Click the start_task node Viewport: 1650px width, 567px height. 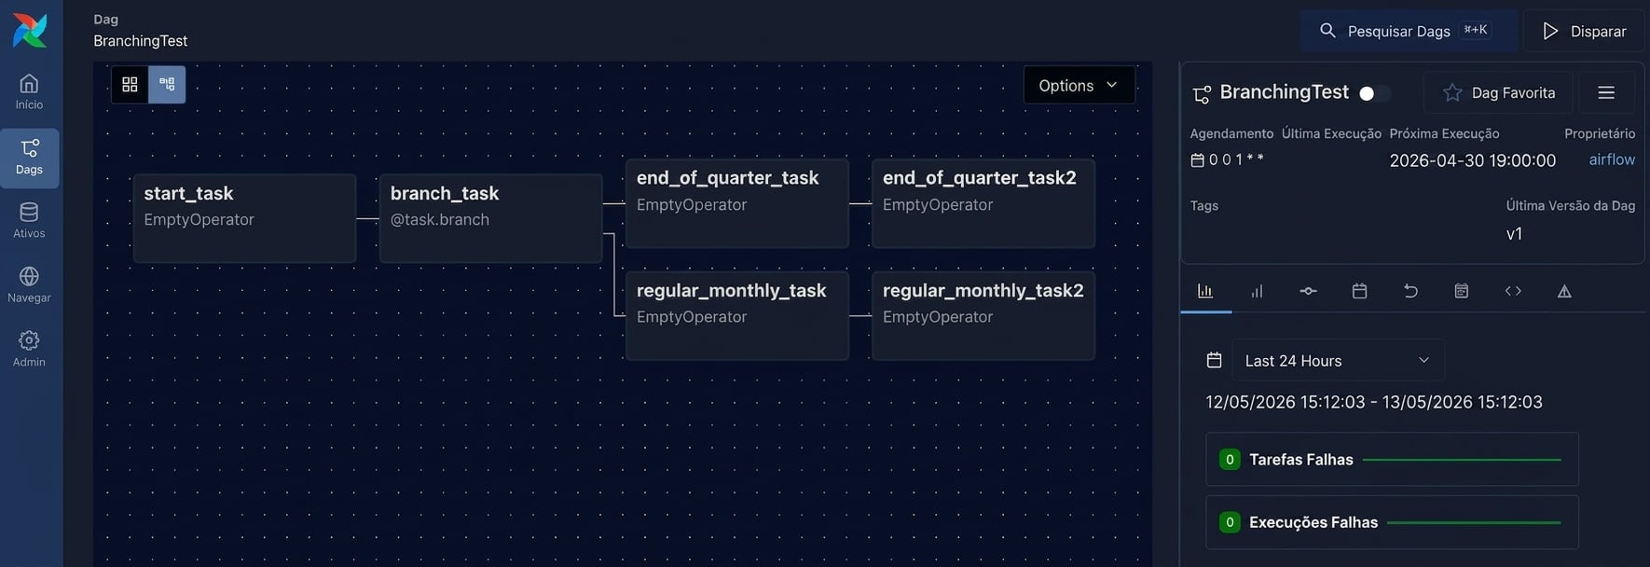(x=244, y=218)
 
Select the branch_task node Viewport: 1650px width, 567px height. (x=490, y=218)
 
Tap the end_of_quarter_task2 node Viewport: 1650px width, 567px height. (x=983, y=203)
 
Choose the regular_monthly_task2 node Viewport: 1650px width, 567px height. (x=983, y=315)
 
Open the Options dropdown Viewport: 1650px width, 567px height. (x=1079, y=85)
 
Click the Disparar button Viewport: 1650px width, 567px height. (x=1584, y=31)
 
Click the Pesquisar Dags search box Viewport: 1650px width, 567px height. (x=1409, y=31)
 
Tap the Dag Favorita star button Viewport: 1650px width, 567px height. (x=1498, y=92)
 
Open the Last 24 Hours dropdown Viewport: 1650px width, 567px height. (x=1338, y=360)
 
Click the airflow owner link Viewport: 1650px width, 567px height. (x=1612, y=159)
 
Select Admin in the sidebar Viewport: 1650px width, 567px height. (x=29, y=349)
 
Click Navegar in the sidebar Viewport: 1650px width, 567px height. (x=29, y=284)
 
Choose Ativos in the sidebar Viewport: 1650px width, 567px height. (x=29, y=220)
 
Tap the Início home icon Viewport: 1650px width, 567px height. (x=29, y=84)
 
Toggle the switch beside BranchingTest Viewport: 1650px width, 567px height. (x=1374, y=93)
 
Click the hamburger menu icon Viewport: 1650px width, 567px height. (x=1606, y=92)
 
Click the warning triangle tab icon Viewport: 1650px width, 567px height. (x=1564, y=291)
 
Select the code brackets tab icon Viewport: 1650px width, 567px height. (x=1513, y=291)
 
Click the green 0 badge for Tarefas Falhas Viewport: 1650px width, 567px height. (x=1230, y=459)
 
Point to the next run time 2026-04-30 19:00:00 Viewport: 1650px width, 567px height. (x=1472, y=160)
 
